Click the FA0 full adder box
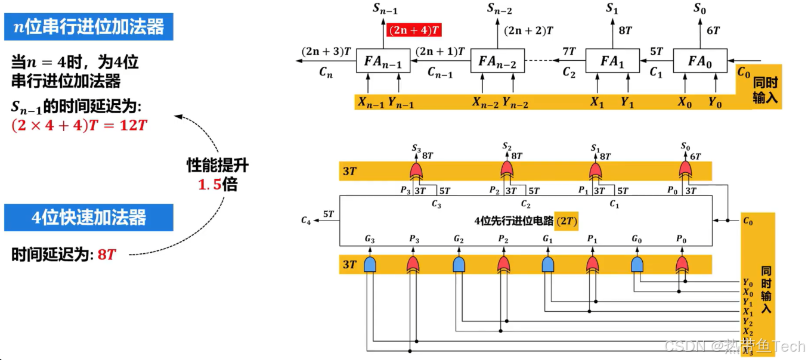(700, 61)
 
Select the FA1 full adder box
(612, 61)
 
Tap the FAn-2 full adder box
(497, 61)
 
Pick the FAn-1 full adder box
(382, 61)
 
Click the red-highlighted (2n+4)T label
(414, 29)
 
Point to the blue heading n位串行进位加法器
(88, 27)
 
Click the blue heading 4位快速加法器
(88, 218)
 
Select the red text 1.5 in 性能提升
(210, 185)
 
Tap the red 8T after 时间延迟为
(107, 255)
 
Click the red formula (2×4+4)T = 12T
(79, 126)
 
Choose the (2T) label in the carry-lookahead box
(566, 221)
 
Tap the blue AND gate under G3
(369, 264)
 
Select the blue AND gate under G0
(637, 264)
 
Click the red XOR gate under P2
(504, 264)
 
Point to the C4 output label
(306, 221)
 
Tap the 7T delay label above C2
(569, 52)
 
